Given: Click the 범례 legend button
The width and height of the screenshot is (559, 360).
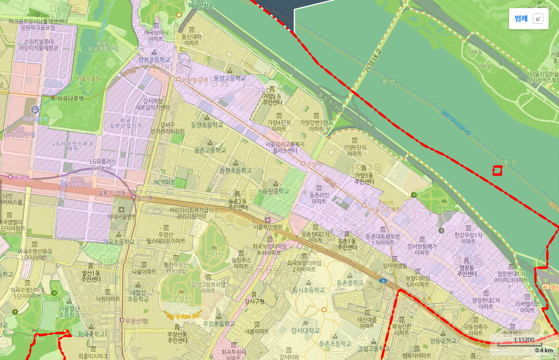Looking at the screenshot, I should point(521,19).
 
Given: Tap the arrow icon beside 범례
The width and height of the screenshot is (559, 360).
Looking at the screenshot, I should point(538,19).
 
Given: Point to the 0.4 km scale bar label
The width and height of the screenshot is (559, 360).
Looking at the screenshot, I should point(544,350).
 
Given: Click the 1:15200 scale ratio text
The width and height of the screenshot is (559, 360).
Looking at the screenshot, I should point(524,340).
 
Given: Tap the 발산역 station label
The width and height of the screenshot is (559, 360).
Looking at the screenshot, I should point(144,197).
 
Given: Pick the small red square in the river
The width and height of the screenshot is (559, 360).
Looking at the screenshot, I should point(497,171).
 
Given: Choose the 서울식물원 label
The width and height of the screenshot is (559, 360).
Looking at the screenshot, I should point(88,78).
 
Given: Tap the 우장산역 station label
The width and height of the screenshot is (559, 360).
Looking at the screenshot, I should point(135,320).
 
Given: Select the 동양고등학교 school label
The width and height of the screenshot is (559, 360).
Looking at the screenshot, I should point(230,78).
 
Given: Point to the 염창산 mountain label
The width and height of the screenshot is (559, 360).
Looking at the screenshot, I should point(431,208).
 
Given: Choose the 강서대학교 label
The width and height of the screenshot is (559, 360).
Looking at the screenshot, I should point(305,331).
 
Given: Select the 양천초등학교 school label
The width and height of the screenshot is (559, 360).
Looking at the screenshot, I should point(154,59).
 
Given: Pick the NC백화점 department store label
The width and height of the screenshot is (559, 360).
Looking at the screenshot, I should point(164,182).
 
